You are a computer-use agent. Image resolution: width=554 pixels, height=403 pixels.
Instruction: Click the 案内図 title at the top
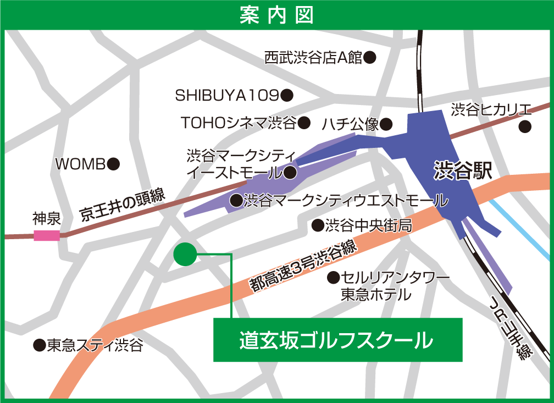tap(276, 15)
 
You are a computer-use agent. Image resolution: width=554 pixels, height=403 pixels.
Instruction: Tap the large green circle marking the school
tap(185, 254)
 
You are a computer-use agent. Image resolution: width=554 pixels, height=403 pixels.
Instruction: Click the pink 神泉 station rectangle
tap(47, 236)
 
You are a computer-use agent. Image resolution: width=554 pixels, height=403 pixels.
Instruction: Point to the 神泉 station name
tap(46, 218)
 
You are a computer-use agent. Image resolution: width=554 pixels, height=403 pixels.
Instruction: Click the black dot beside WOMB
tap(113, 163)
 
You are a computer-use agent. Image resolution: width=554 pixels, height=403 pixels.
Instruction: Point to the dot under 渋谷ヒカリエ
tap(525, 126)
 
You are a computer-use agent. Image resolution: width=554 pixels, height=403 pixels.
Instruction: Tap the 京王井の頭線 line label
tap(122, 205)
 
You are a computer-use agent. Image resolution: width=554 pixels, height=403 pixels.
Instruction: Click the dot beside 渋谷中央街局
tap(317, 225)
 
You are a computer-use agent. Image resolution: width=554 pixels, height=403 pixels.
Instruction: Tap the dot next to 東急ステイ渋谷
tap(39, 345)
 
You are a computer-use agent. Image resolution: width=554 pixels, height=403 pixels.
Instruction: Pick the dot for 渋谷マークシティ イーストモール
tap(290, 173)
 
